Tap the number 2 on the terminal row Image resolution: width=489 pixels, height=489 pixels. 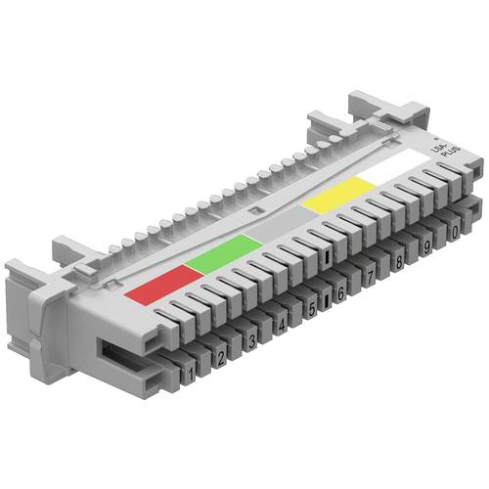[x=220, y=354]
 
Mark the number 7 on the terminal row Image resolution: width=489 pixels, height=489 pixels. [x=369, y=278]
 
